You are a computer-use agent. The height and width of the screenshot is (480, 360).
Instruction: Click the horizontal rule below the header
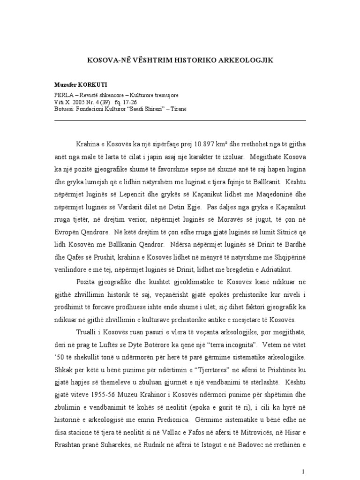[x=180, y=120]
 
